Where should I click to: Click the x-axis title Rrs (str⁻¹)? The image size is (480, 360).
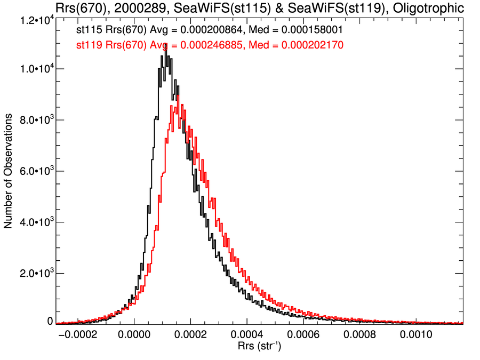(x=259, y=346)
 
